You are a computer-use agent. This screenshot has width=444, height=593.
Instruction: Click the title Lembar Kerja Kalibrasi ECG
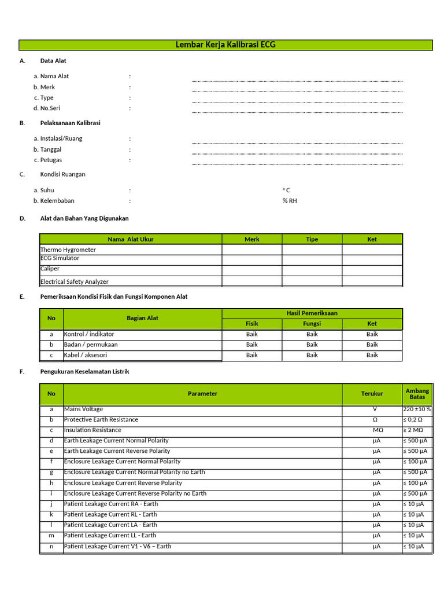225,45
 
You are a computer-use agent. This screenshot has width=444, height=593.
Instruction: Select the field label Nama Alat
54,76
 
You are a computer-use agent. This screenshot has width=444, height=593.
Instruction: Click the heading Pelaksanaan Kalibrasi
70,123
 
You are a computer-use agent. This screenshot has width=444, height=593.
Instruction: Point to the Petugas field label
51,160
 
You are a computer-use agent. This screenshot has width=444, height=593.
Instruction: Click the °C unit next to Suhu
286,191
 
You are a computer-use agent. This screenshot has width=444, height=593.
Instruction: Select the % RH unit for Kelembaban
290,201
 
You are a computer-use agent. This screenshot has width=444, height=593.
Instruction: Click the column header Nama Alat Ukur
131,239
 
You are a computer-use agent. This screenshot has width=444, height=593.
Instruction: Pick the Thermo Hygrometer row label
68,250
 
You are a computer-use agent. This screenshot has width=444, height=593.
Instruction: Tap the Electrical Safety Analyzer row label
74,282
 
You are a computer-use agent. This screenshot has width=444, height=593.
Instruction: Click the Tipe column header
312,239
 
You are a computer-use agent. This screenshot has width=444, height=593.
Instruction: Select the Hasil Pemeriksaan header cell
312,313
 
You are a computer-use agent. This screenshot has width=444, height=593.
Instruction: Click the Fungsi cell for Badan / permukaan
312,345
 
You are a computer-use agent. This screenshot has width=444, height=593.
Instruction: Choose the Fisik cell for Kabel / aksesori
252,355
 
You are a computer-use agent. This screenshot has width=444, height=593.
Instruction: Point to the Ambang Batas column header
417,394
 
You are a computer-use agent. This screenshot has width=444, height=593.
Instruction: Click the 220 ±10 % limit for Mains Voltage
417,409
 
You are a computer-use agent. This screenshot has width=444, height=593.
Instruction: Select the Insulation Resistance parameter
92,430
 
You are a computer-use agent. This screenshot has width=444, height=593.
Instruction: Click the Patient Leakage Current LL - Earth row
110,536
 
